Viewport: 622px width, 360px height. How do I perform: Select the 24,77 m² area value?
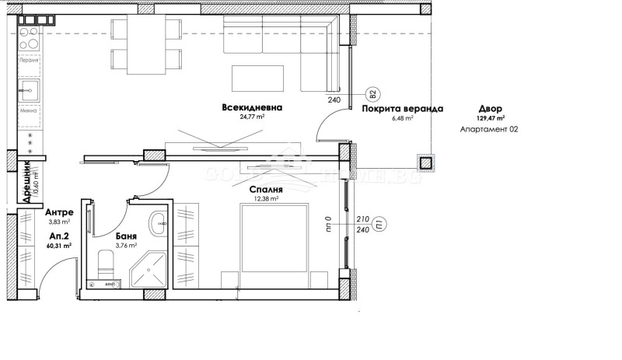coord(251,117)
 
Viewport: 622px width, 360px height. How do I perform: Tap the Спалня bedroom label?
coord(266,189)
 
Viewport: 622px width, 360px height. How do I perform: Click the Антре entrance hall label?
coord(59,212)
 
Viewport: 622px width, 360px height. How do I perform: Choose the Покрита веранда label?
coord(402,110)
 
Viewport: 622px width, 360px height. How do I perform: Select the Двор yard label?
coord(491,110)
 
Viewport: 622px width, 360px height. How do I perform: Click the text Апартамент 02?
coord(489,129)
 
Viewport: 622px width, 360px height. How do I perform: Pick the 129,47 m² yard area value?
coord(491,119)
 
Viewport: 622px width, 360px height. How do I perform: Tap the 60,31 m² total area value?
coord(58,245)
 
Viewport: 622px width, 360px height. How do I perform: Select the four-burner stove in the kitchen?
coord(29,37)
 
